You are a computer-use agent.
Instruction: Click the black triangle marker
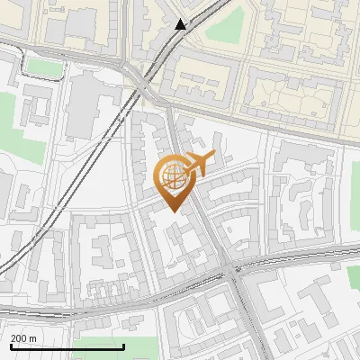click(181, 24)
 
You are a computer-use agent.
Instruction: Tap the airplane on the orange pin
click(199, 164)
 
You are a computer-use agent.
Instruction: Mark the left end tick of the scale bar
click(10, 346)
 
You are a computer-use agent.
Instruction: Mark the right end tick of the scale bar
click(123, 346)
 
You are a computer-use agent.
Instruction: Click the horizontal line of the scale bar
click(67, 346)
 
